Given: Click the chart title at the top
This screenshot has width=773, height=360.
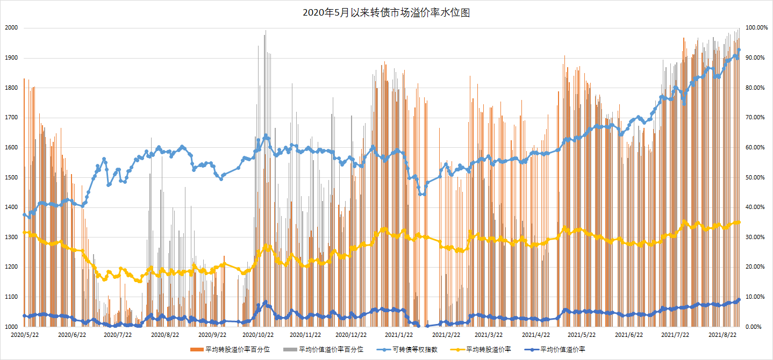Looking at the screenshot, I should (386, 13).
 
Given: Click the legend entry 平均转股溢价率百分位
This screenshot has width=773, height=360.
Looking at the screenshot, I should (237, 349).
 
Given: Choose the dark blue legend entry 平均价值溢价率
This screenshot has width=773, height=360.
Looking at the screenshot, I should (563, 349).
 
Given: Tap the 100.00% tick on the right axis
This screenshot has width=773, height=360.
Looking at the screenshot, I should (755, 28).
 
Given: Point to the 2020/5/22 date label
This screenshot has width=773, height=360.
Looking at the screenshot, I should (25, 335).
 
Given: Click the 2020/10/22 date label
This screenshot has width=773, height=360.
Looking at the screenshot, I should (260, 335).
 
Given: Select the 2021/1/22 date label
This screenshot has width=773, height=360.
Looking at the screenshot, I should (400, 335).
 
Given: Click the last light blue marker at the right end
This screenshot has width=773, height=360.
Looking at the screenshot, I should (739, 50).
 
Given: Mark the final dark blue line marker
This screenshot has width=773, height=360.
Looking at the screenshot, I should (739, 300).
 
